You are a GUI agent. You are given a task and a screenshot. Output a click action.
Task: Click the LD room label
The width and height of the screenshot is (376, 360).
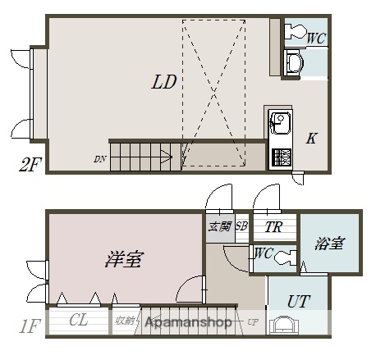click(164, 82)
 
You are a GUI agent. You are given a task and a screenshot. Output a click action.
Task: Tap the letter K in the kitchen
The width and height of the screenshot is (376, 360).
click(311, 138)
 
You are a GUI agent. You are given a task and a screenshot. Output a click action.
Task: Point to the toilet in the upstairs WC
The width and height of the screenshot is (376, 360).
click(295, 32)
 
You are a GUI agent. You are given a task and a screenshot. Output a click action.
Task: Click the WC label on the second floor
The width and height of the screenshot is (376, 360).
click(317, 37)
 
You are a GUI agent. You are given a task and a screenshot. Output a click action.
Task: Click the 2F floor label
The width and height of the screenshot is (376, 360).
click(30, 164)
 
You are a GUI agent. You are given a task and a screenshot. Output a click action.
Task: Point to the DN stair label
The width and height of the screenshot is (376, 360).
click(99, 158)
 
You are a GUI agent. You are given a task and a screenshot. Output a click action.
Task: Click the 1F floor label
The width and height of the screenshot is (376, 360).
click(30, 326)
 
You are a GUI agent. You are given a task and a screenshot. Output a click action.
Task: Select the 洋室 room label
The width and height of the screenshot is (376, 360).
click(124, 260)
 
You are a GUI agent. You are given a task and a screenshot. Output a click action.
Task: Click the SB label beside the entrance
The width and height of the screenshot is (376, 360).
click(241, 226)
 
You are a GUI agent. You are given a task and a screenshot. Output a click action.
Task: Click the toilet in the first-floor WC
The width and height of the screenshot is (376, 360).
click(283, 257)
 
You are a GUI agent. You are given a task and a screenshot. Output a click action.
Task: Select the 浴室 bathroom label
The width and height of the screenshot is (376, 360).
click(329, 244)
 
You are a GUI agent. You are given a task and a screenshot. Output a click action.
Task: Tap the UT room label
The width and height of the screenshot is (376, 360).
click(298, 301)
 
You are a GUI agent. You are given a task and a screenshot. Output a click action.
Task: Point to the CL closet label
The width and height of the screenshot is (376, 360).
click(79, 320)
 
